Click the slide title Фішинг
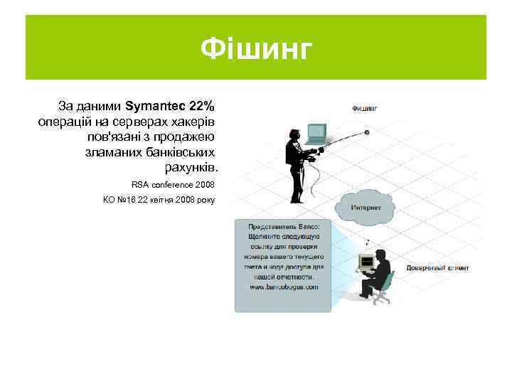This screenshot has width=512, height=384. click(256, 49)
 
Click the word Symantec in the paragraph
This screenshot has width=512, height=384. click(155, 107)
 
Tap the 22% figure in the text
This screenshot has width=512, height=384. click(201, 107)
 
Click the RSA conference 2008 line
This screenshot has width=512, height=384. click(173, 184)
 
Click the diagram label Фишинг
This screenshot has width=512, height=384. click(364, 109)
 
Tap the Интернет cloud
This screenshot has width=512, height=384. click(366, 206)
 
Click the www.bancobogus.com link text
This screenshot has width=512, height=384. click(283, 287)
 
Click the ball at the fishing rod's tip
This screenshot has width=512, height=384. click(367, 132)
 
